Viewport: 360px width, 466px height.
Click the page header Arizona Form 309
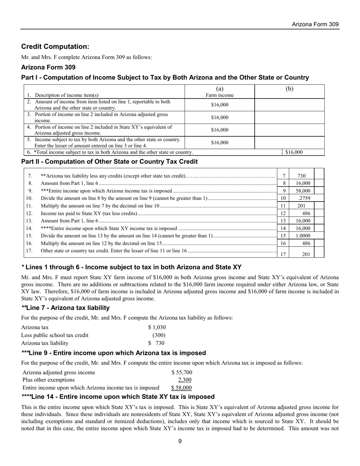pyautogui.click(x=315, y=24)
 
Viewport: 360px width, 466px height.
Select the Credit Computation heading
pyautogui.click(x=55, y=47)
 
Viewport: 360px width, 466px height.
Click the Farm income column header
pyautogui.click(x=219, y=95)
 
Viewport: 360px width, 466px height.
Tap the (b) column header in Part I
pyautogui.click(x=289, y=89)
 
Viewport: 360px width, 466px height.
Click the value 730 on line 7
pyautogui.click(x=301, y=176)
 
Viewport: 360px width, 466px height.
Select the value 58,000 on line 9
pyautogui.click(x=303, y=191)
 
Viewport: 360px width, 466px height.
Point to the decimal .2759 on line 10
pyautogui.click(x=304, y=198)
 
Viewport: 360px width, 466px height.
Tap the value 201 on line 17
pyautogui.click(x=306, y=254)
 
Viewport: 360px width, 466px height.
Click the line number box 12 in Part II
pyautogui.click(x=283, y=213)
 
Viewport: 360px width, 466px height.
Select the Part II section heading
pyautogui.click(x=110, y=162)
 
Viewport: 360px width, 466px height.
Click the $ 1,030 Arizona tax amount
pyautogui.click(x=157, y=327)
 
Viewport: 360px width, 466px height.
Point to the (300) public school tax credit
pyautogui.click(x=159, y=335)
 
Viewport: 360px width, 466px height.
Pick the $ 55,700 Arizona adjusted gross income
pyautogui.click(x=182, y=372)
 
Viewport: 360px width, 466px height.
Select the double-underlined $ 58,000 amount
pyautogui.click(x=181, y=388)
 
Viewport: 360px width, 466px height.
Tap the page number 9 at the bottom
pyautogui.click(x=180, y=441)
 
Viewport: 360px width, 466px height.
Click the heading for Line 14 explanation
pyautogui.click(x=118, y=397)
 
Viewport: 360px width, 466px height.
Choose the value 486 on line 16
pyautogui.click(x=306, y=243)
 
